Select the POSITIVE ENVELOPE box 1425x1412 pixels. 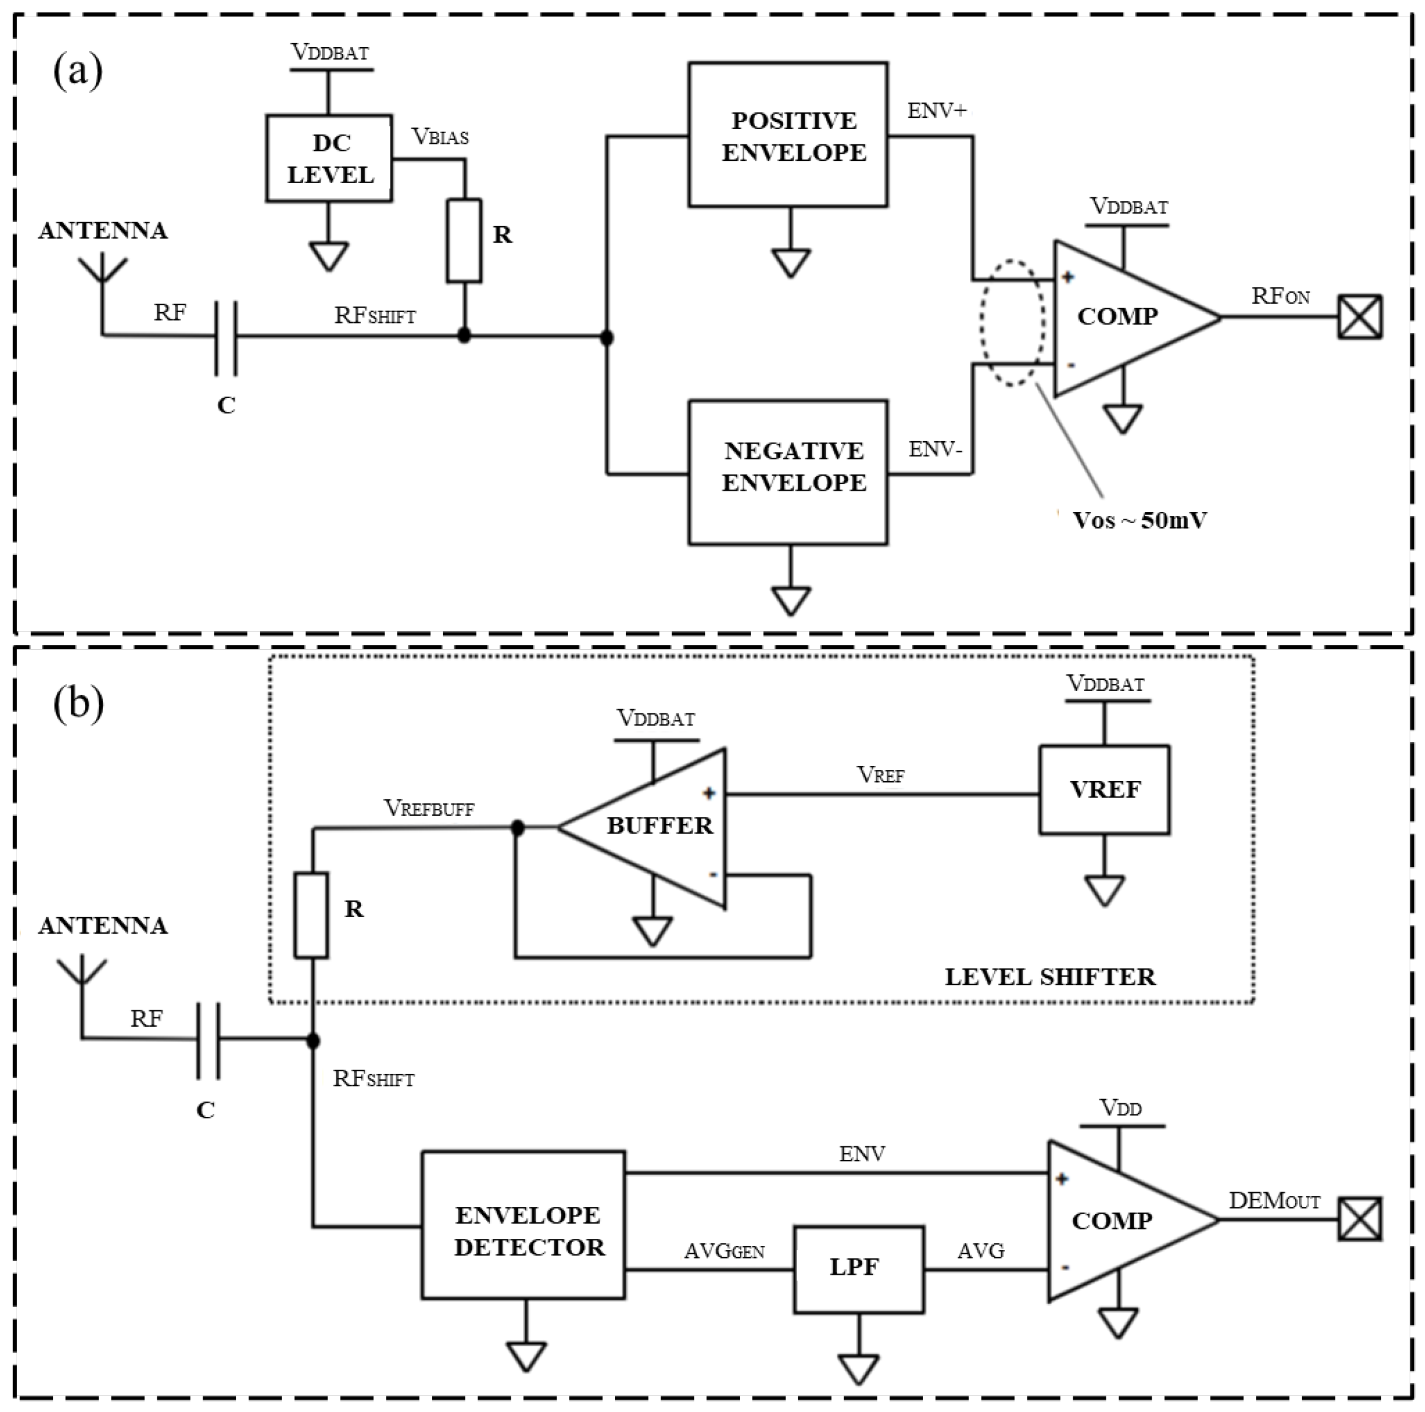788,135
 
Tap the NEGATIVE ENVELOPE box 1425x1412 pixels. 788,472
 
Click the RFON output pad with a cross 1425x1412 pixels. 1360,318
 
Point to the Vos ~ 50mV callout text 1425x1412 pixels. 1139,521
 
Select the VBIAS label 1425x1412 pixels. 439,137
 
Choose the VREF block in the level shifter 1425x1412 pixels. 1104,789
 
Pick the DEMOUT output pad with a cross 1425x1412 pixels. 1360,1219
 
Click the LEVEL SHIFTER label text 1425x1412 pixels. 1050,977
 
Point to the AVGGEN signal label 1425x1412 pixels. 723,1252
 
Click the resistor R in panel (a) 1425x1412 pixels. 464,240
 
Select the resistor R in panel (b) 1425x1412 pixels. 311,915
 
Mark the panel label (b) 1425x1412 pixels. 78,704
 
